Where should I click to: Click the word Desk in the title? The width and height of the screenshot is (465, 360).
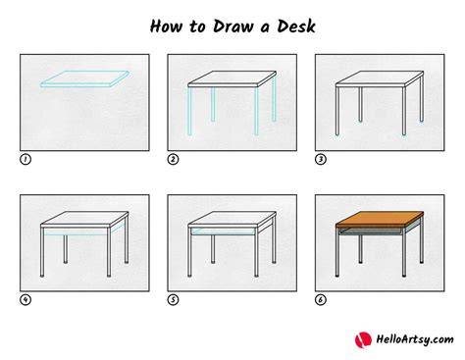[296, 26]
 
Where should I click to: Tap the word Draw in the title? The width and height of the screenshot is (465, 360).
[232, 26]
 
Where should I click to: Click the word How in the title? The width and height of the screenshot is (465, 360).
[166, 26]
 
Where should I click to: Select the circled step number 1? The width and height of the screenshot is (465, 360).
[26, 160]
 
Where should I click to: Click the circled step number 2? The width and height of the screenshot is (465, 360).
[173, 160]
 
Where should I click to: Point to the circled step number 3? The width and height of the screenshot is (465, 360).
[321, 160]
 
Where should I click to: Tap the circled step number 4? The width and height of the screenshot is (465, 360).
[26, 300]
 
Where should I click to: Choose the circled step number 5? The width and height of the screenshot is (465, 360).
[173, 300]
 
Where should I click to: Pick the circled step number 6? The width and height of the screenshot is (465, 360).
[321, 300]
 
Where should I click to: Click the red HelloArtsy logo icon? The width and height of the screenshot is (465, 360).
[363, 340]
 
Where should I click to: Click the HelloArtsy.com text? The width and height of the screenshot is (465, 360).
[415, 339]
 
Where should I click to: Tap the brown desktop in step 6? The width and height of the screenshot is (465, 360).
[380, 219]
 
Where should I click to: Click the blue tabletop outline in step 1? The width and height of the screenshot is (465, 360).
[84, 78]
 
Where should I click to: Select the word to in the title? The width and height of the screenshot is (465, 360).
[197, 26]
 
